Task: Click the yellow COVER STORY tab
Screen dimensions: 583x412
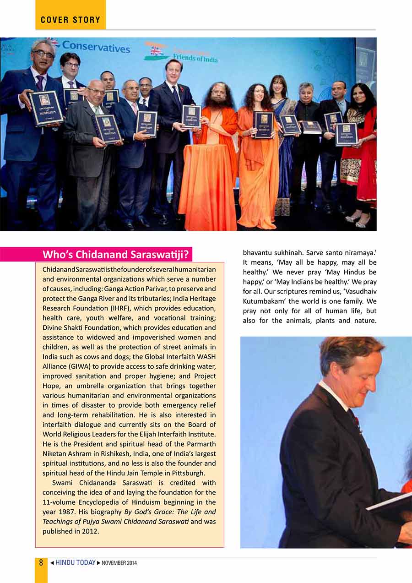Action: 70,20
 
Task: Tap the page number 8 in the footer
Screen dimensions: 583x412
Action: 41,562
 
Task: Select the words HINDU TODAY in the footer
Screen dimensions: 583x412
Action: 76,562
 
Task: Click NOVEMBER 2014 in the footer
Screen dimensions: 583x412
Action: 119,563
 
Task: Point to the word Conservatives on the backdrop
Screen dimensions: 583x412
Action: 96,47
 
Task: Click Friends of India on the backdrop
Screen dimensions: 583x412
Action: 195,58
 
